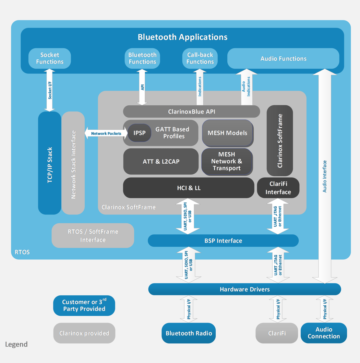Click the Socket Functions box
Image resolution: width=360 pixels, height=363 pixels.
[x=50, y=58]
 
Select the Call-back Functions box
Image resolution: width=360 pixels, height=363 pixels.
[x=200, y=58]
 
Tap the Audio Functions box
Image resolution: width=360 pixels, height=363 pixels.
[x=283, y=59]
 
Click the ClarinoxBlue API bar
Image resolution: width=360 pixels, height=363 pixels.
[x=191, y=112]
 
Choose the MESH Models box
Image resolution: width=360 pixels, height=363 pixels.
[x=227, y=133]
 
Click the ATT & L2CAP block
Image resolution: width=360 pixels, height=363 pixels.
[x=161, y=161]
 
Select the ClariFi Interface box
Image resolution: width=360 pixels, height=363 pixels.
[x=278, y=188]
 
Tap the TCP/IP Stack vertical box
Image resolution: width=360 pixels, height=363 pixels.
[x=50, y=163]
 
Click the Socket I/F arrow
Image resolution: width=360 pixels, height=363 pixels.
[x=50, y=90]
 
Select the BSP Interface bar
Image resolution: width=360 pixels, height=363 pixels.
[x=223, y=241]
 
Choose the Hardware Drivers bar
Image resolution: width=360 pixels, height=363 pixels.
[x=244, y=289]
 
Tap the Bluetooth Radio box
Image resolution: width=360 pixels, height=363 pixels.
[x=189, y=333]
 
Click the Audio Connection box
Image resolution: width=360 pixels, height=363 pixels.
[x=324, y=333]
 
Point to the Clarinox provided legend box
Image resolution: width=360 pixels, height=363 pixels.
[x=84, y=333]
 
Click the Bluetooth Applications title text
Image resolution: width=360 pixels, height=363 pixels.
[x=182, y=37]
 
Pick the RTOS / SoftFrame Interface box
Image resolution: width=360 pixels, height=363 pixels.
[x=93, y=236]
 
